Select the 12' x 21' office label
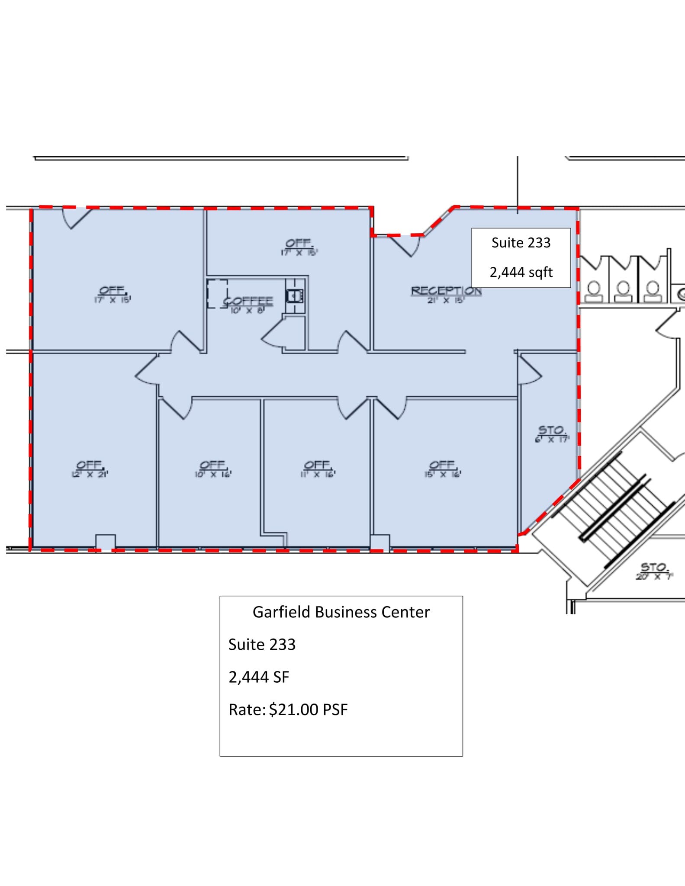point(90,469)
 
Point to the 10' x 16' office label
point(213,469)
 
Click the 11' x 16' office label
point(318,469)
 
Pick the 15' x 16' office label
point(442,469)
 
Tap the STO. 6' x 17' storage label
point(551,433)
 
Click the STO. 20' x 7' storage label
point(654,571)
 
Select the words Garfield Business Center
point(341,612)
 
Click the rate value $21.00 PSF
point(308,710)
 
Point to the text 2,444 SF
point(258,677)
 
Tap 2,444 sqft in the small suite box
point(521,272)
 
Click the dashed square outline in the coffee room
point(217,294)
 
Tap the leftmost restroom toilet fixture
point(594,292)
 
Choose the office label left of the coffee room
point(113,294)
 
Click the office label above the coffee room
point(299,247)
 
